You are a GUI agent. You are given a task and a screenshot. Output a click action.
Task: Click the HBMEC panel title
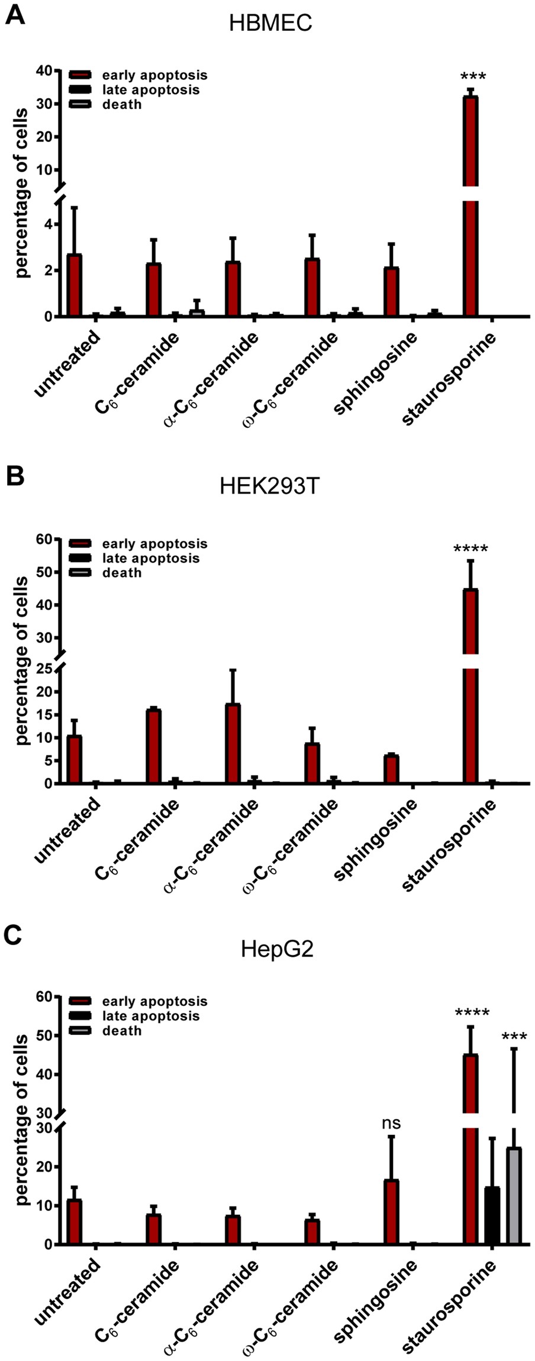[270, 24]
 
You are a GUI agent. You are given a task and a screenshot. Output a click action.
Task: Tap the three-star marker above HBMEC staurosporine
[473, 77]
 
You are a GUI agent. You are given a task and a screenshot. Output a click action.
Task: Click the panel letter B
[14, 476]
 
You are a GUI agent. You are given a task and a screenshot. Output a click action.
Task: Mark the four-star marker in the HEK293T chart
[470, 549]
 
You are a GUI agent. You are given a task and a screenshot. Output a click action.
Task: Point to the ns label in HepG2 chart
[392, 1123]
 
